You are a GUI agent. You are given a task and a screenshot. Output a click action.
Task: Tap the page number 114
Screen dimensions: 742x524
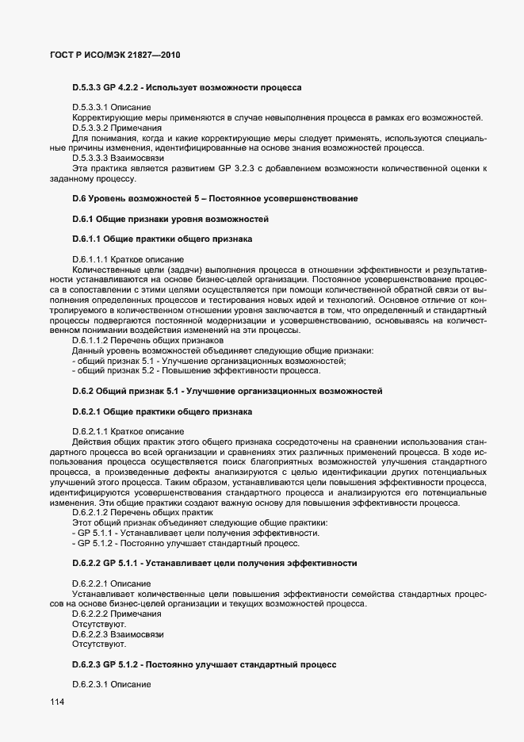[58, 702]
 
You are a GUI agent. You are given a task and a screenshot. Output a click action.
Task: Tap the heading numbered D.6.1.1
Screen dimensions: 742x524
[163, 239]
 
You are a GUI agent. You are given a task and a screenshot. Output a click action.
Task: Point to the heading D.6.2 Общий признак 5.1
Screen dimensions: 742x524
[228, 392]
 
